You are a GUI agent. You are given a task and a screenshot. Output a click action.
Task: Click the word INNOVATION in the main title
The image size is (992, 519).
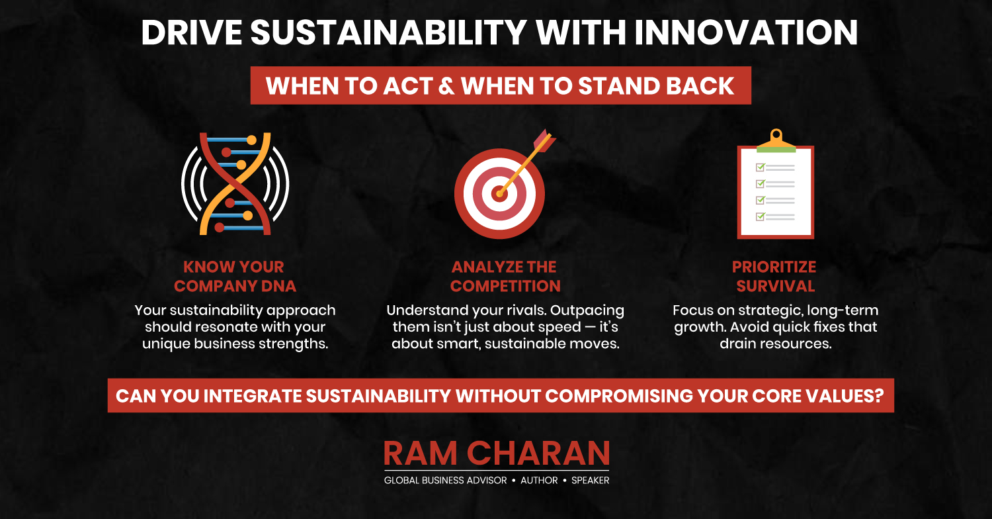746,32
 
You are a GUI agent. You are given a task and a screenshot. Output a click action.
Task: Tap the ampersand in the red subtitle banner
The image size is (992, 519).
446,86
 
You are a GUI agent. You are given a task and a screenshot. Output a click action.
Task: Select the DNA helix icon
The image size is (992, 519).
235,183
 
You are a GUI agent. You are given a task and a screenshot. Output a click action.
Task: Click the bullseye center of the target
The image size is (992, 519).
499,194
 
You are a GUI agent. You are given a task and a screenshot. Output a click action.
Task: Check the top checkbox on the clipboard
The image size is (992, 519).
761,167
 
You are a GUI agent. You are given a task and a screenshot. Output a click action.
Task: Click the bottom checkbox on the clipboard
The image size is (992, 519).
761,216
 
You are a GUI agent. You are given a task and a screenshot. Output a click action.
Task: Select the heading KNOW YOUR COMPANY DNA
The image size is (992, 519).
235,276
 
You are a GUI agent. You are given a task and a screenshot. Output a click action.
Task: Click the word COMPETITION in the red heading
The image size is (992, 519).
505,286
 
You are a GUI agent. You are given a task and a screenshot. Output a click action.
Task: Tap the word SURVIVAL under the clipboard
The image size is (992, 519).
776,286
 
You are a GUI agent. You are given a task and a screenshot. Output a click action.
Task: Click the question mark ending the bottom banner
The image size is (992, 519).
879,396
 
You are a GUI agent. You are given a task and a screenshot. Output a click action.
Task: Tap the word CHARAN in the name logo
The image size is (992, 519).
538,453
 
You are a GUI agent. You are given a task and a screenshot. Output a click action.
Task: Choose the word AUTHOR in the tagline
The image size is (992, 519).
539,481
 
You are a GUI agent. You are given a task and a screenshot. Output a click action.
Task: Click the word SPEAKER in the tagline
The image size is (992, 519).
591,481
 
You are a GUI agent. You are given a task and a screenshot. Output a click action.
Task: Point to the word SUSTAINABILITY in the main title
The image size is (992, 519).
388,32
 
